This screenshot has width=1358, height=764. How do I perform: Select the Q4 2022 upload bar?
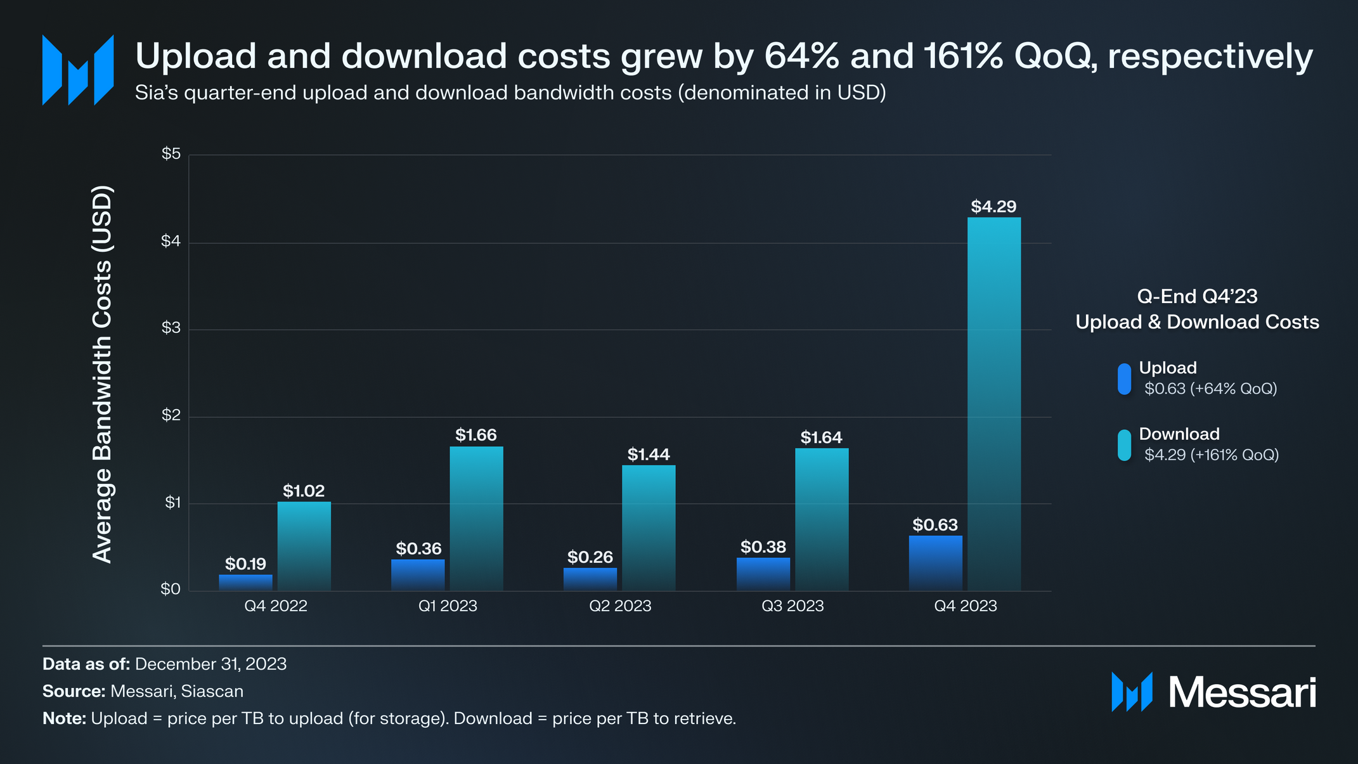click(x=245, y=583)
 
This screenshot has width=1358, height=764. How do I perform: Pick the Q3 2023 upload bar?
click(x=763, y=574)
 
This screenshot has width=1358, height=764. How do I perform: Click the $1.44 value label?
click(x=648, y=455)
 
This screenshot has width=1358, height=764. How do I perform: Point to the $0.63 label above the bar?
click(x=934, y=525)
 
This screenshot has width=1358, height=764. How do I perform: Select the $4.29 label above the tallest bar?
click(x=993, y=207)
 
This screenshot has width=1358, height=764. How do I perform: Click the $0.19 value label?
click(x=245, y=564)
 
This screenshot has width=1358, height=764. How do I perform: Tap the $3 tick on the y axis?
click(x=171, y=328)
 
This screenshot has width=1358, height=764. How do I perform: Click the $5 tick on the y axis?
click(x=171, y=154)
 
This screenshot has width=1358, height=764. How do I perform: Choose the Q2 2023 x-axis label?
click(x=620, y=606)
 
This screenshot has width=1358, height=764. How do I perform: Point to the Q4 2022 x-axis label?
click(x=276, y=606)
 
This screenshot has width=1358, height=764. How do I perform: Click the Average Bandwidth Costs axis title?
click(x=103, y=374)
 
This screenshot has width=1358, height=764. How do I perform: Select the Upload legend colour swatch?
click(x=1124, y=379)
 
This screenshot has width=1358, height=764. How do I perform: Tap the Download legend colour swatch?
click(x=1124, y=445)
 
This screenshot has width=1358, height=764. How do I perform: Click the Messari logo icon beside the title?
click(x=78, y=70)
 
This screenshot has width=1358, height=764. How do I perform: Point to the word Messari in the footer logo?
click(x=1242, y=692)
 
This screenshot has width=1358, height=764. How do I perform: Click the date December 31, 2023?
click(x=210, y=664)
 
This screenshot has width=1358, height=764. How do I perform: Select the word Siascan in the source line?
click(x=212, y=691)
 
